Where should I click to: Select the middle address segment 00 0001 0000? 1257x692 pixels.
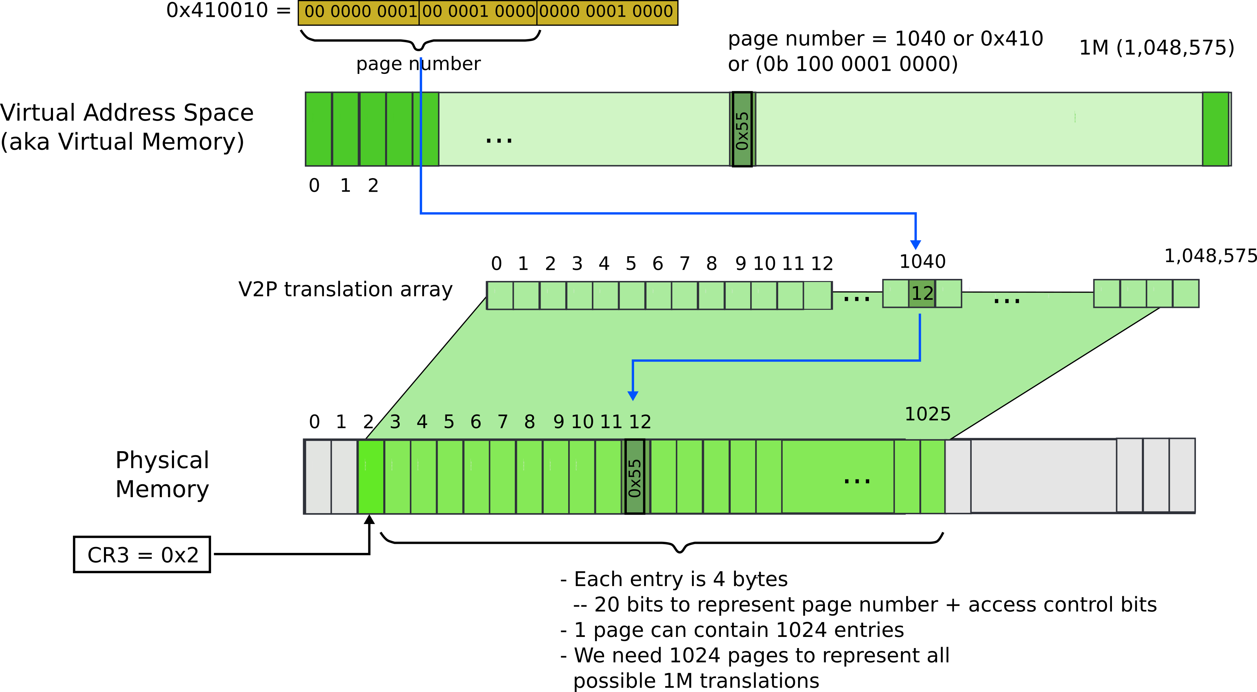pos(478,12)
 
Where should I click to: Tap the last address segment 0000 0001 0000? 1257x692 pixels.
pos(607,12)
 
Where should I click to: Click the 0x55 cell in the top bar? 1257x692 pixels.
pos(742,129)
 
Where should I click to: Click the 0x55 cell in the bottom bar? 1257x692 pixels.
pos(634,477)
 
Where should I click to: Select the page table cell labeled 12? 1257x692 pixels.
pos(922,294)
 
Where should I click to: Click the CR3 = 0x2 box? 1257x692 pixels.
pos(142,555)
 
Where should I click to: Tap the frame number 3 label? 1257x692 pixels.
pos(395,422)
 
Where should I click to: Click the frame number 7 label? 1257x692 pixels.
pos(503,422)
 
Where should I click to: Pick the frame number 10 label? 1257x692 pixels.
pos(582,422)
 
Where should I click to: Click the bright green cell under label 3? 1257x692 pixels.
pos(371,477)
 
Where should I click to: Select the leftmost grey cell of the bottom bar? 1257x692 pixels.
pos(318,477)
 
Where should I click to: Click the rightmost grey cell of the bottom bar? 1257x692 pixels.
pos(1182,476)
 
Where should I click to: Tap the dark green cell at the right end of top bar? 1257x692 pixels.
pos(1215,129)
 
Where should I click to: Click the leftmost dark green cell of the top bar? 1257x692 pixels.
pos(318,129)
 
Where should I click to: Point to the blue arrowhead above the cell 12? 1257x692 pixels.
pos(916,244)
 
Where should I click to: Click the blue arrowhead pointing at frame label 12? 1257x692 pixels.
pos(633,395)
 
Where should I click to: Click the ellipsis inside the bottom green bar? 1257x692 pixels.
pos(857,481)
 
